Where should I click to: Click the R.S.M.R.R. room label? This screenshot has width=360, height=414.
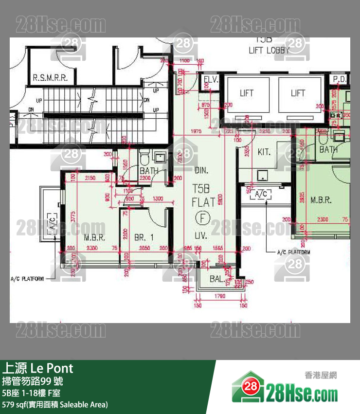[50, 77]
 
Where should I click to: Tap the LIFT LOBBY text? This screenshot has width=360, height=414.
[269, 50]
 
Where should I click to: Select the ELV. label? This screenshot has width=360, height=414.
[211, 79]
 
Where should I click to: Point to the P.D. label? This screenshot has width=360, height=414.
[339, 79]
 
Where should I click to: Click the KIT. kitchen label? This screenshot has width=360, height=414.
[264, 152]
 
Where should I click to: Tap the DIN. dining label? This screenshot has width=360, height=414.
[201, 171]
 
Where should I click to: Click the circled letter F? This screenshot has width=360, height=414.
[201, 217]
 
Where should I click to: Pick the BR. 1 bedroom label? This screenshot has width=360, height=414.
[144, 237]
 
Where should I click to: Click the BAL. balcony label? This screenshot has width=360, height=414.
[217, 279]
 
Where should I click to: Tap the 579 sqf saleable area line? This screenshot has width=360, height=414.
[55, 405]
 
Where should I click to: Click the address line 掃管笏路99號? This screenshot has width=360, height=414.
[33, 381]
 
